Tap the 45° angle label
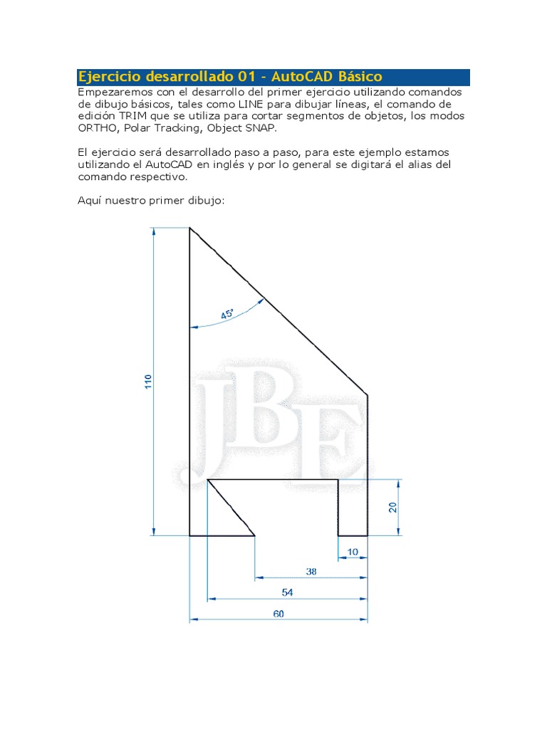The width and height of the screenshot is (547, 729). (x=227, y=314)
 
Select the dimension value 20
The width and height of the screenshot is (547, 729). (x=392, y=506)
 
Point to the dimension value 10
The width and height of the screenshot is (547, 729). (x=353, y=552)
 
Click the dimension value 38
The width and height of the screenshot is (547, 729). (x=311, y=571)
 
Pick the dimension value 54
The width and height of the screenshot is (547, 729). (x=288, y=592)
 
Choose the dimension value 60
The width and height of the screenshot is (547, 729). (x=278, y=614)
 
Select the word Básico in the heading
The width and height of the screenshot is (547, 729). (x=358, y=77)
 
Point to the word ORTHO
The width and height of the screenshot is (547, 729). (x=98, y=127)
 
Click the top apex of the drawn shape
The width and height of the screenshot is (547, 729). (x=189, y=229)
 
